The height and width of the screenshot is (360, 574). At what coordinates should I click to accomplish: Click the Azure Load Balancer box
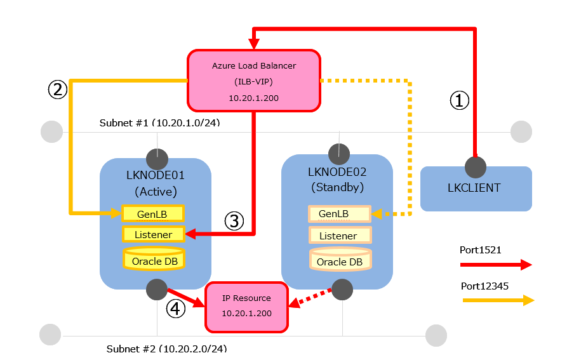point(253,81)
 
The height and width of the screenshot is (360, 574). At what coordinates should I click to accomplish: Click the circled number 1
point(460,100)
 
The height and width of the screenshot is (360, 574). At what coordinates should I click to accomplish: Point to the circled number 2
point(58,90)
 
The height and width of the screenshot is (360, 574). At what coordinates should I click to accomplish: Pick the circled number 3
point(234,221)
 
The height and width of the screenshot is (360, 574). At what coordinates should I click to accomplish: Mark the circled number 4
point(176,309)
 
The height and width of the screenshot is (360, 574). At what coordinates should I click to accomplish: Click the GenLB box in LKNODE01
point(152,213)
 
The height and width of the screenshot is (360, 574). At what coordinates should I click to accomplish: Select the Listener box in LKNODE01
point(152,235)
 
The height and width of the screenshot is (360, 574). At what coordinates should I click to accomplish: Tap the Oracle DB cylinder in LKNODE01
point(153,259)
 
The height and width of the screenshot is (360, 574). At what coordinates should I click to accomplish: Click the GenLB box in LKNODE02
point(339,214)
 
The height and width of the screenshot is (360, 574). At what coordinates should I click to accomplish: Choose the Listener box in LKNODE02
point(339,236)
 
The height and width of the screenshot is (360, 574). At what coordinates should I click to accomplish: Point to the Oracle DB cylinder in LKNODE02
point(340,260)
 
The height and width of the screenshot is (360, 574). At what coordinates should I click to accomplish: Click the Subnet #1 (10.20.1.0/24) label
point(159,122)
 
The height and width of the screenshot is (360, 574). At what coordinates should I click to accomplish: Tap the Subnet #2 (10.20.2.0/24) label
point(166,349)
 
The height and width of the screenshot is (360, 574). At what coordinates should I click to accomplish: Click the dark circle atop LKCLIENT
point(475,167)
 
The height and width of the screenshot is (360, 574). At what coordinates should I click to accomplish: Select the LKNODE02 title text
point(337,172)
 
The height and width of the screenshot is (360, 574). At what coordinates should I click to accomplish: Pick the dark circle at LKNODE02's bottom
point(342,289)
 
